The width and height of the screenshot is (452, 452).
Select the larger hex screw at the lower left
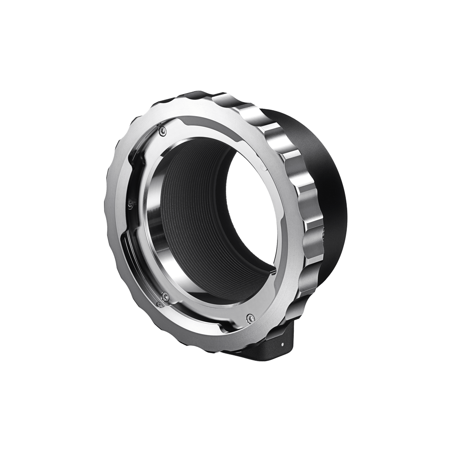coord(166,296)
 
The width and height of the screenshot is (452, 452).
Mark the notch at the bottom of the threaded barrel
coord(271,270)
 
